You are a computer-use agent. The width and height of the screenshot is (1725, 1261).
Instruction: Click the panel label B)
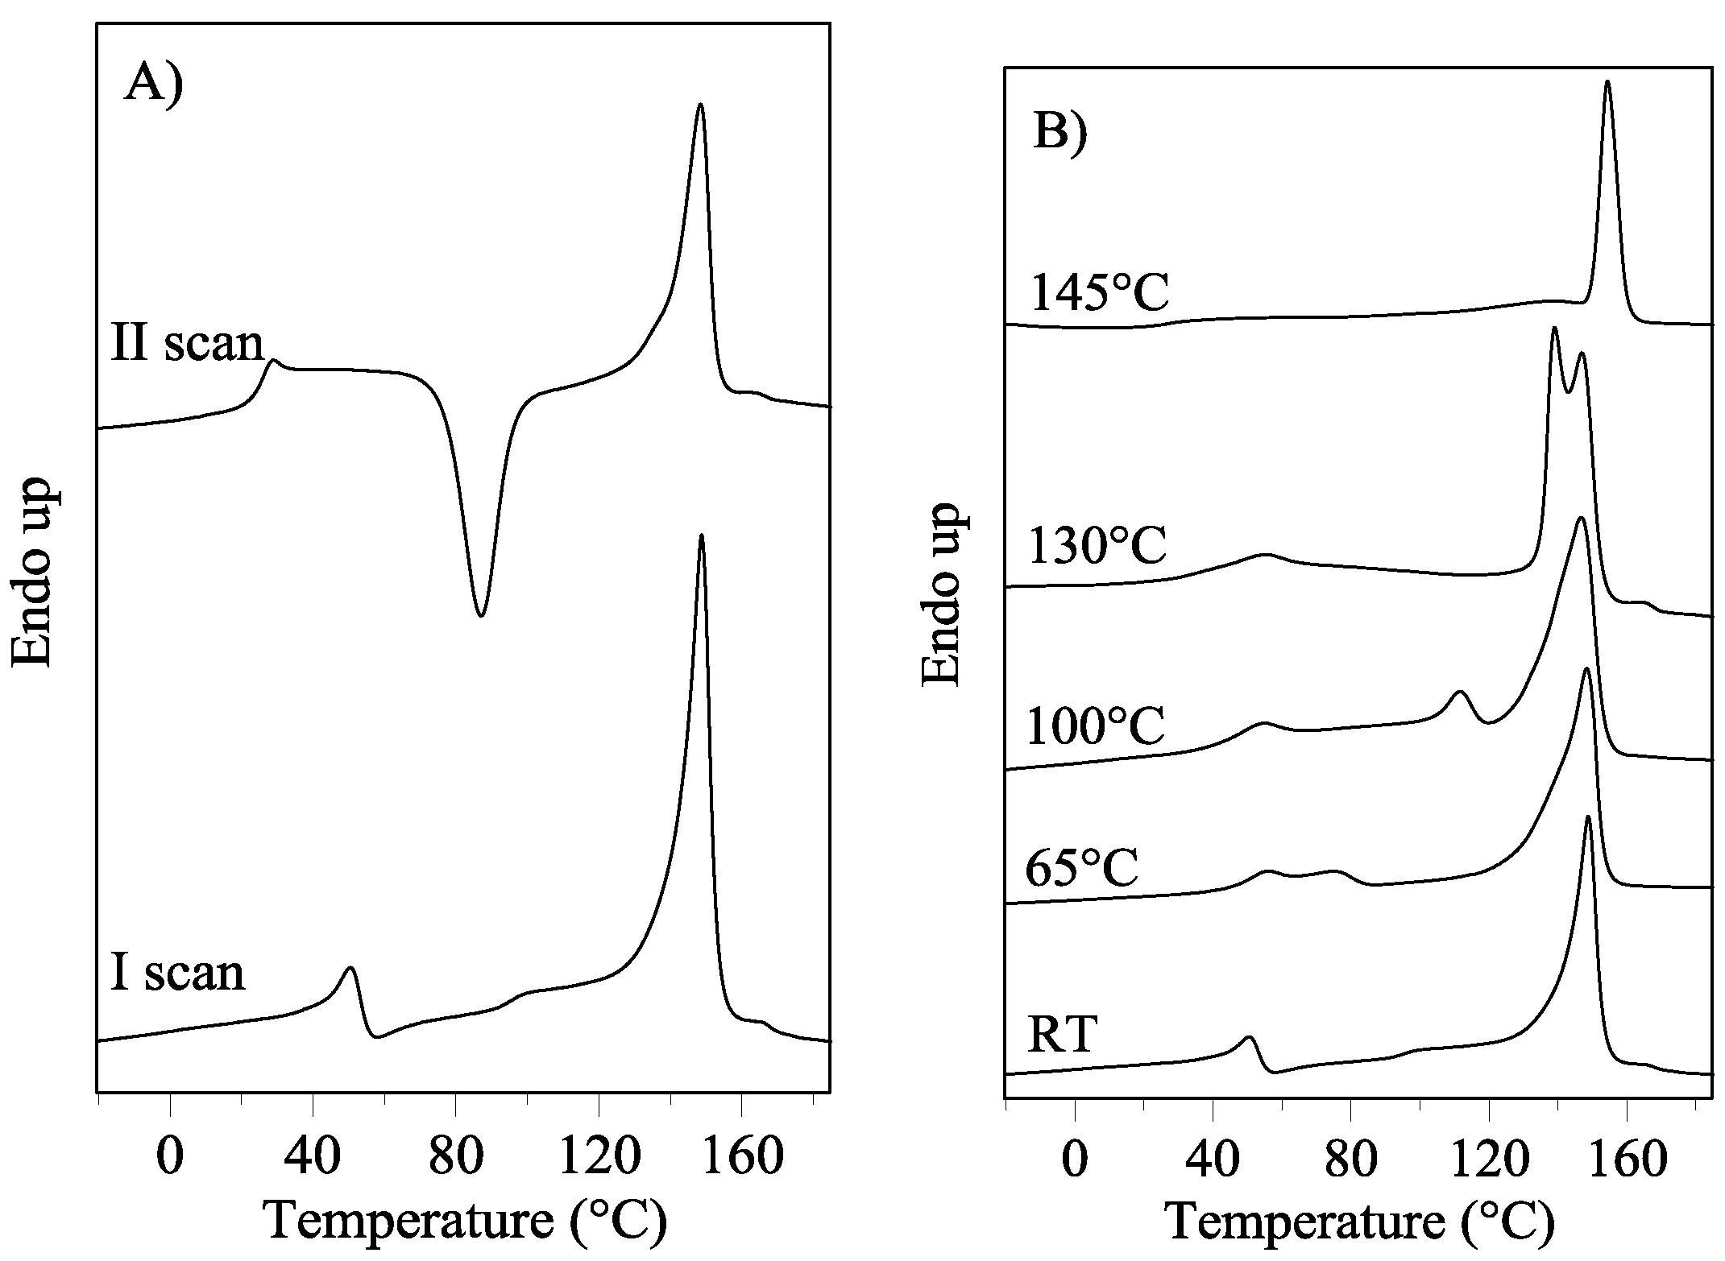point(1059,130)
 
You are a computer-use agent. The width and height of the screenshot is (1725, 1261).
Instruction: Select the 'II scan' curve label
point(188,344)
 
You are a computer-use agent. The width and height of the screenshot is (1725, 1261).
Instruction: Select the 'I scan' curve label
point(177,972)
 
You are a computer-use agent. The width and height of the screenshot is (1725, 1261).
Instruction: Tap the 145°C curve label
point(1100,294)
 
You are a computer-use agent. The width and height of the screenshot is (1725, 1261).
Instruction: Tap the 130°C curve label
point(1098,547)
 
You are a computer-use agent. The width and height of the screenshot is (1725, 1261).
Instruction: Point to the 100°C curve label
point(1096,726)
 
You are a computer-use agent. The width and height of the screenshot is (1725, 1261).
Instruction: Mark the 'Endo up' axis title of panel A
point(32,572)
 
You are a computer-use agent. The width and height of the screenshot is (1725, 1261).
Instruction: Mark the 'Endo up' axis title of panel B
point(940,596)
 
